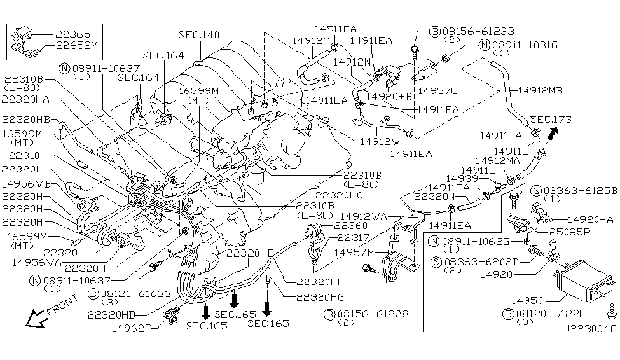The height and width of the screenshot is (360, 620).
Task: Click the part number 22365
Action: pyautogui.click(x=72, y=34)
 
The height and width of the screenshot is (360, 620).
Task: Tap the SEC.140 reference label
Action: pyautogui.click(x=199, y=34)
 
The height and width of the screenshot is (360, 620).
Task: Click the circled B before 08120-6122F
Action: pyautogui.click(x=507, y=314)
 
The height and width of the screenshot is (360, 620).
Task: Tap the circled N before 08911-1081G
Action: pyautogui.click(x=485, y=45)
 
